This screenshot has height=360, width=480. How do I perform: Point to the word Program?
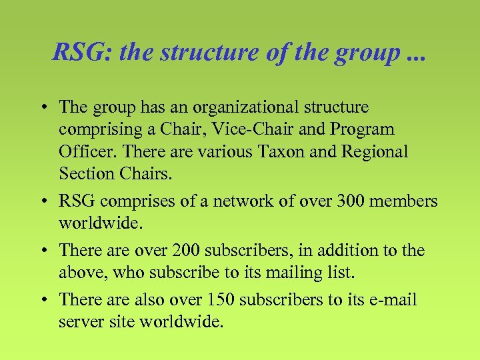point(360,129)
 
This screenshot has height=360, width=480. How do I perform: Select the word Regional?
point(375,151)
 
